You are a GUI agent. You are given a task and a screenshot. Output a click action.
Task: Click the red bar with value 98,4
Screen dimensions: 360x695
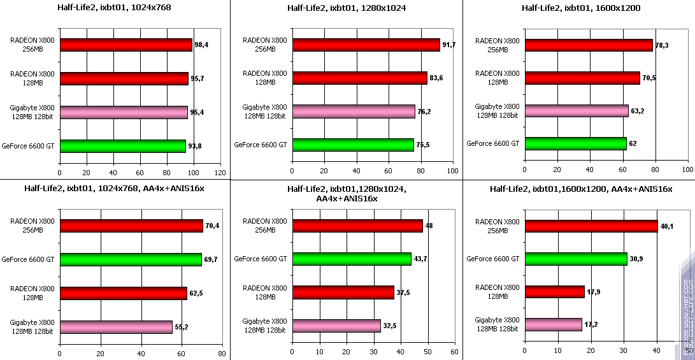[x=125, y=45]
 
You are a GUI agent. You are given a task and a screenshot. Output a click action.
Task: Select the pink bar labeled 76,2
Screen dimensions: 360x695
[x=354, y=112]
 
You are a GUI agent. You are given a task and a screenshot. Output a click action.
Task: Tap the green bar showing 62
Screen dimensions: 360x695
[x=575, y=143]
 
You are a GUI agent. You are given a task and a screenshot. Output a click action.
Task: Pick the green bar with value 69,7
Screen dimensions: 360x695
[x=130, y=259]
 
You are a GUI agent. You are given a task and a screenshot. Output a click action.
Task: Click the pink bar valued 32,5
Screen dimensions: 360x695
[x=336, y=326]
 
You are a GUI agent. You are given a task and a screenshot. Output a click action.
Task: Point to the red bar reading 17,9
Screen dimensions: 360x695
[x=554, y=292]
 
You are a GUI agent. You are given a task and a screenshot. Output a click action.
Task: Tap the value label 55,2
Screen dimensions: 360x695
[x=182, y=326]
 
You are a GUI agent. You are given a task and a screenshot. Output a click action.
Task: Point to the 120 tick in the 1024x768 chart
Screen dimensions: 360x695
[x=220, y=173]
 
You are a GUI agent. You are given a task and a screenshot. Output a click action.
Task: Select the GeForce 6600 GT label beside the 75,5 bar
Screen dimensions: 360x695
[x=260, y=144]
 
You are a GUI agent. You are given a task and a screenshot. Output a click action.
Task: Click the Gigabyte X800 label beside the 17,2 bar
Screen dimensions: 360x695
[x=497, y=324]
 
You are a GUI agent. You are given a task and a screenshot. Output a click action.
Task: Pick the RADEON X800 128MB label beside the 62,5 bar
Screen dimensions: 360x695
[x=32, y=292]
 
